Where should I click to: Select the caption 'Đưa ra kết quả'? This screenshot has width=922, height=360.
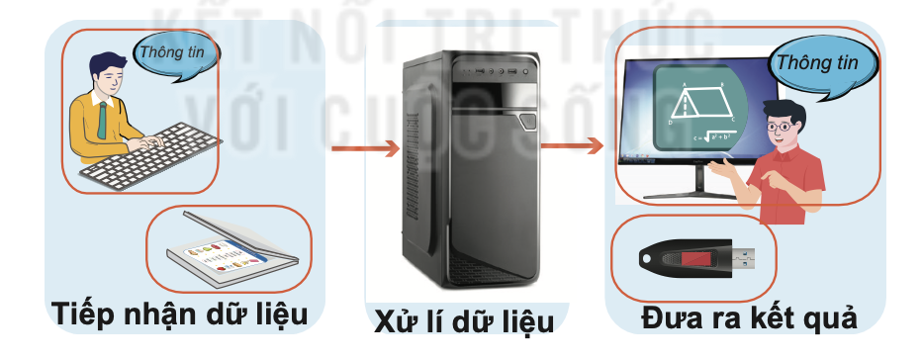tap(748, 316)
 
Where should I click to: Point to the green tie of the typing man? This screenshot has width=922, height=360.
tap(102, 120)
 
